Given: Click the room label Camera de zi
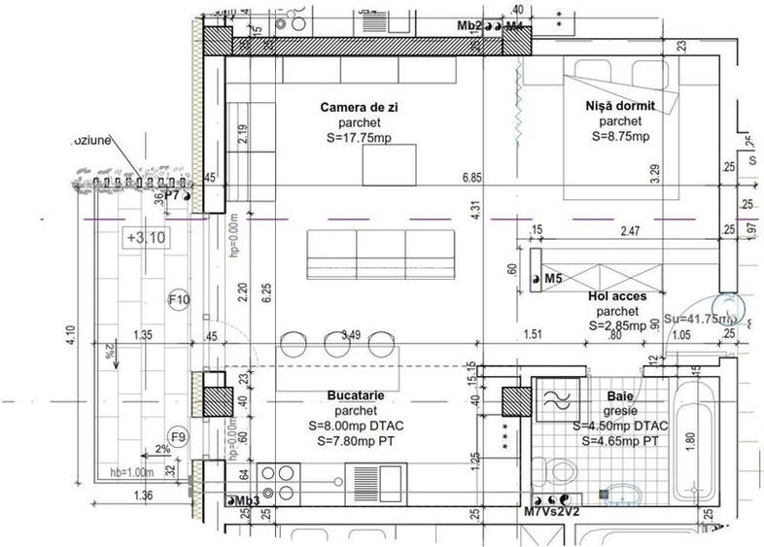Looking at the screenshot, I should [362, 106].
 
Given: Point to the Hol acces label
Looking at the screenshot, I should [624, 295].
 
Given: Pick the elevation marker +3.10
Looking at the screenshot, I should [143, 236].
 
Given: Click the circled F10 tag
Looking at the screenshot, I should [178, 299].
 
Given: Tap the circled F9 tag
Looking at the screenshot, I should [178, 436].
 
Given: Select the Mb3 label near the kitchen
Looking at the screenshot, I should [243, 501].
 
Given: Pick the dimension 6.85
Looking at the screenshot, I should [473, 178].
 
